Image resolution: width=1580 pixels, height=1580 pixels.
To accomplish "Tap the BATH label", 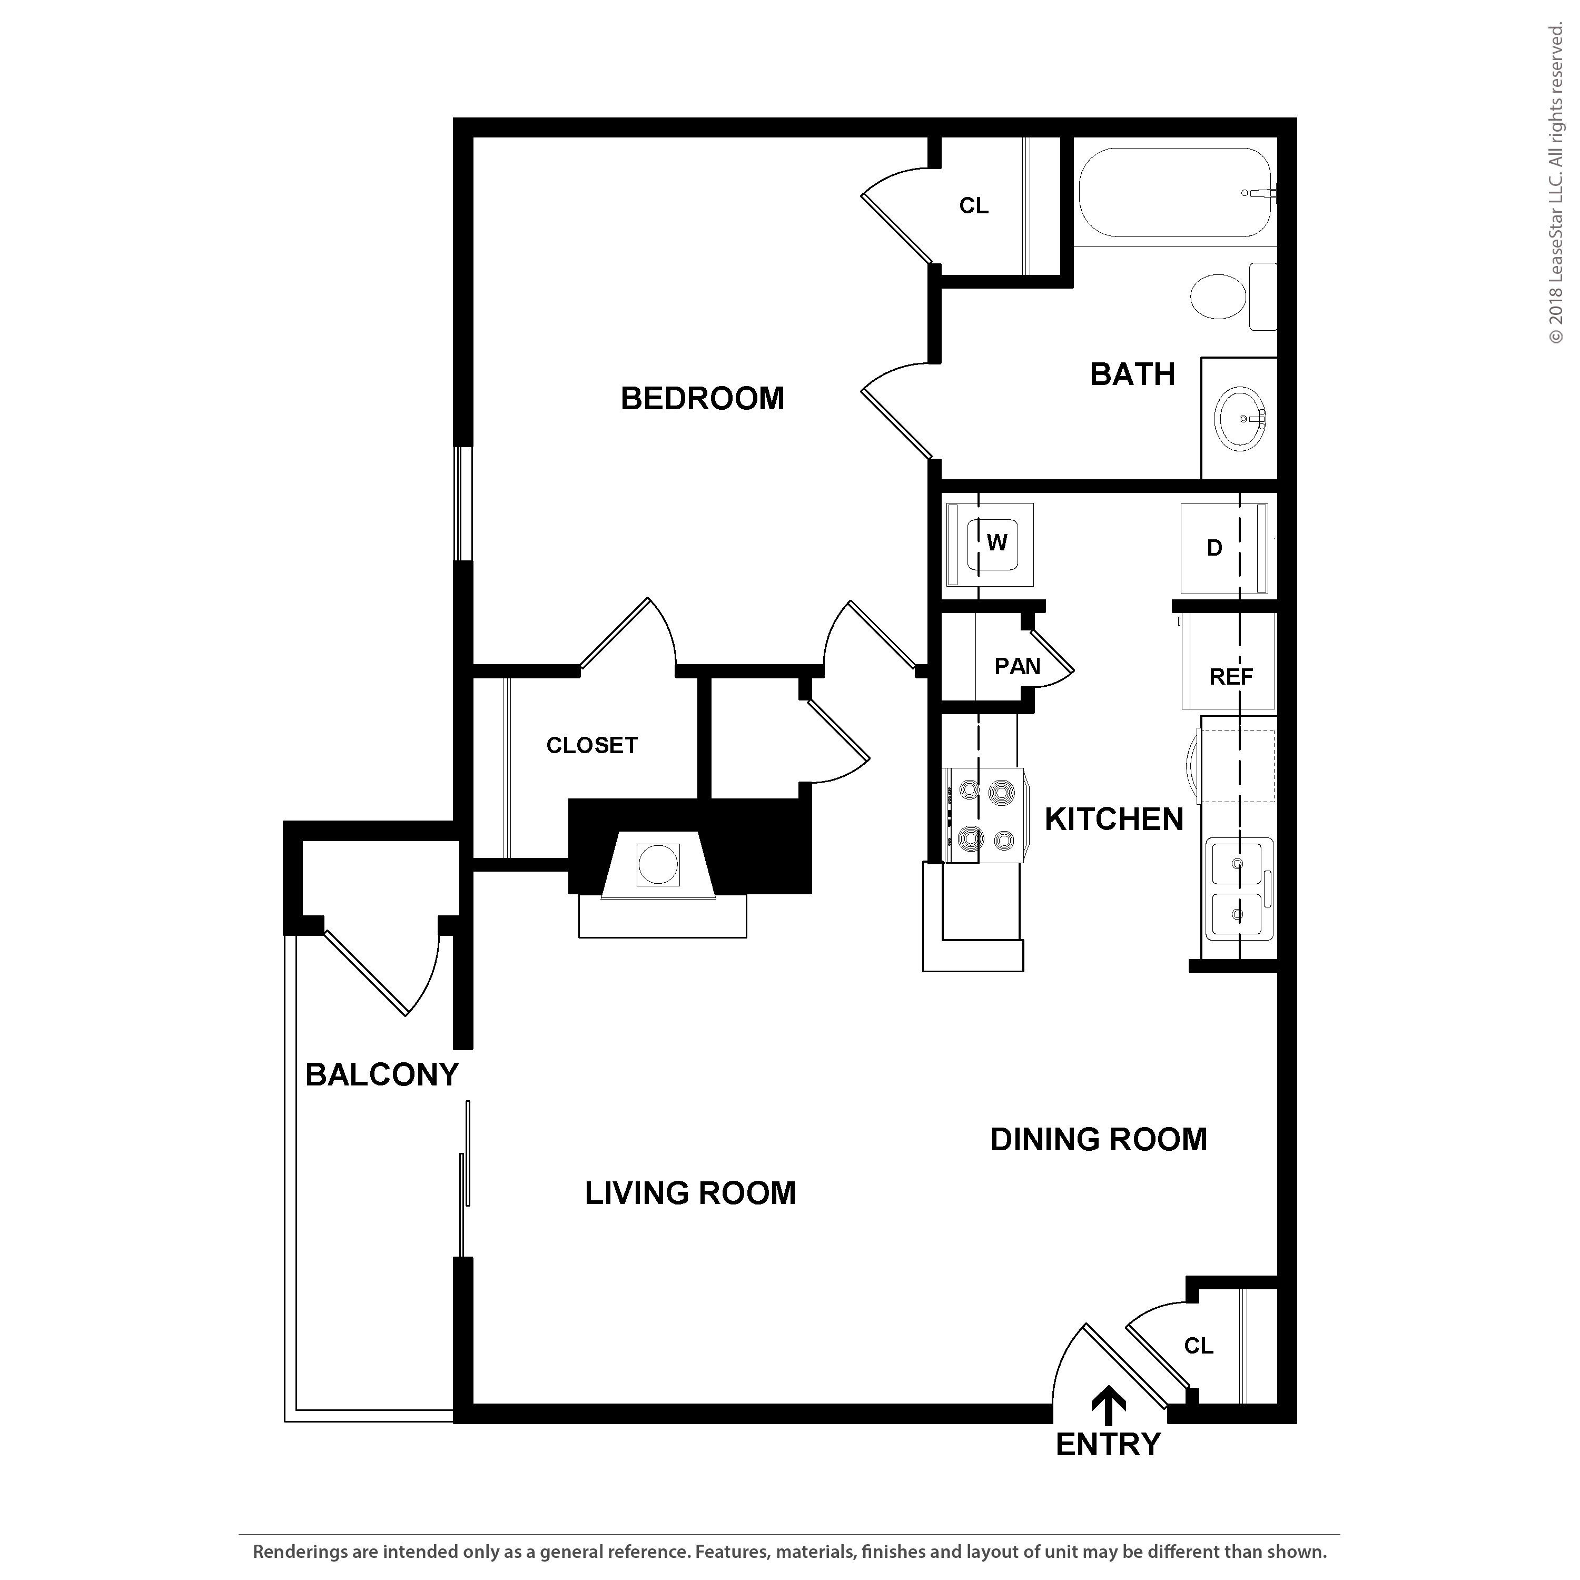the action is [1133, 374].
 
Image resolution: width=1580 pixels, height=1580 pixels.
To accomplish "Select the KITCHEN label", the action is [1114, 819].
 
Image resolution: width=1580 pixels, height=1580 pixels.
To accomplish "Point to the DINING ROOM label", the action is [1098, 1139].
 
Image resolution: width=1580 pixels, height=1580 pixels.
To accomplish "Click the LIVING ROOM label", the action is [690, 1193].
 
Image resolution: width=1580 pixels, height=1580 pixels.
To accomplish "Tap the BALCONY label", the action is [382, 1074].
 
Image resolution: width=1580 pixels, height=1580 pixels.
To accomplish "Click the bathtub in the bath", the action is [1174, 193].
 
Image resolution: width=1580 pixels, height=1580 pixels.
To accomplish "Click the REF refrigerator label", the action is [1231, 677].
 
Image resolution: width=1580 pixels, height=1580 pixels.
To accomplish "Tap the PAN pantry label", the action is [1018, 667].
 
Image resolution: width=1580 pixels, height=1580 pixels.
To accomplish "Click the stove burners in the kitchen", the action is [985, 815].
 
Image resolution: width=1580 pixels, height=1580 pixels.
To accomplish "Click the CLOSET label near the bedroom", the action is [592, 746].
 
